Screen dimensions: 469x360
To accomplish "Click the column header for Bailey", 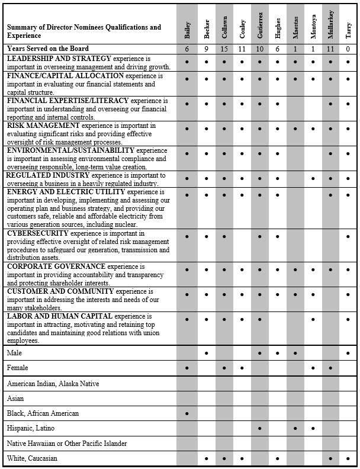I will click(x=187, y=28).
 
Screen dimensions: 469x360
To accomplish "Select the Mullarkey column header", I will click(x=330, y=27).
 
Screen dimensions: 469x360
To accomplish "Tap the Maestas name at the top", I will click(x=295, y=28).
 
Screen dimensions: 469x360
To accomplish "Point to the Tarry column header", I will click(x=348, y=30).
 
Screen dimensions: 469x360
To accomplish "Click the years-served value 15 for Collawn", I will click(x=224, y=49).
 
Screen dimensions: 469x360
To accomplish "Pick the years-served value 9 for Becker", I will click(x=206, y=49).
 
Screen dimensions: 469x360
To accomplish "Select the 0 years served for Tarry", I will click(x=348, y=49).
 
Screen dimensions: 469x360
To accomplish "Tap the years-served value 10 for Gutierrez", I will click(x=259, y=49).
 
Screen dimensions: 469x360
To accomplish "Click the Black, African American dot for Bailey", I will click(x=187, y=413).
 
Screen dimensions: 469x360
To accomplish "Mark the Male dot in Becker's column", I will click(x=206, y=353).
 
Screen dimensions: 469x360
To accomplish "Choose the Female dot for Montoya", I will click(x=313, y=368).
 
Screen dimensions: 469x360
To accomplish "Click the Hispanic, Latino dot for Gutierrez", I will click(x=259, y=428).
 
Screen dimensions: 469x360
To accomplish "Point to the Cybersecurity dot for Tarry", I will click(x=348, y=237).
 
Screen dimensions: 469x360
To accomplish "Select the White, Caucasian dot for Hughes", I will click(x=277, y=458).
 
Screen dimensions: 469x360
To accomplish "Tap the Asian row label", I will click(x=16, y=399).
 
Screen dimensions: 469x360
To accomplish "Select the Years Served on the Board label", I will click(x=48, y=49).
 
